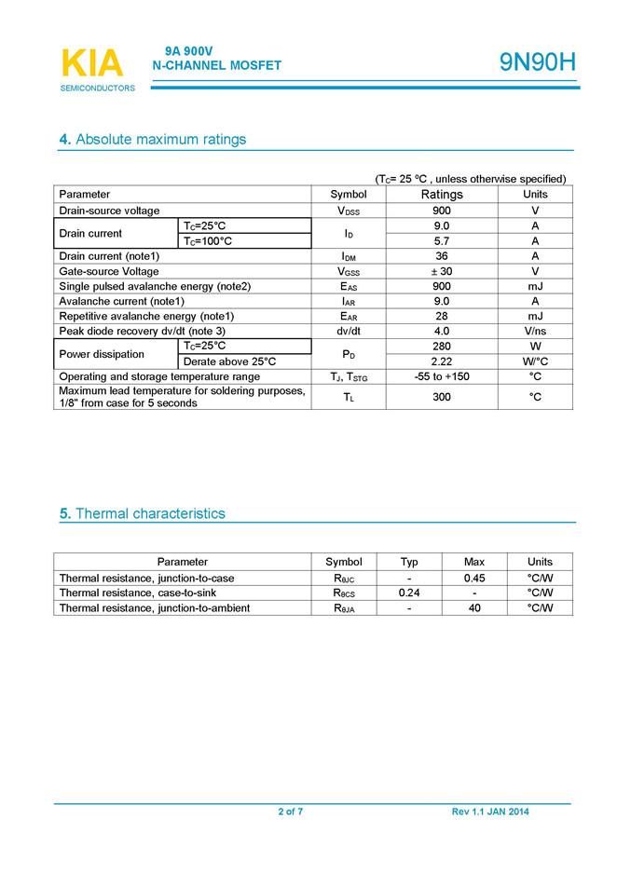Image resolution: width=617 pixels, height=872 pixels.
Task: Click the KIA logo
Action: pyautogui.click(x=93, y=64)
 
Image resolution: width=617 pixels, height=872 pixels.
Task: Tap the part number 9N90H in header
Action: pyautogui.click(x=537, y=62)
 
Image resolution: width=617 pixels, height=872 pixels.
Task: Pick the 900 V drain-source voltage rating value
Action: pyautogui.click(x=442, y=211)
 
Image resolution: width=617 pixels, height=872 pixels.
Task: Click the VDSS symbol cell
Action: pyautogui.click(x=349, y=211)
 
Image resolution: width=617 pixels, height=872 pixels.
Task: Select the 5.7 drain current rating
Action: pyautogui.click(x=442, y=240)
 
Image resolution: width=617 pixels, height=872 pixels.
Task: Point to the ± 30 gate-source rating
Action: pyautogui.click(x=442, y=271)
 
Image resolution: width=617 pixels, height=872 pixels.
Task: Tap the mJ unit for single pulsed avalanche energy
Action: pyautogui.click(x=535, y=286)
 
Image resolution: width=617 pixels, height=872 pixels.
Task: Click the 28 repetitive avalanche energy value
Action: pyautogui.click(x=442, y=316)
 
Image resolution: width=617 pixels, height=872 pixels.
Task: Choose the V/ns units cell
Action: pyautogui.click(x=535, y=331)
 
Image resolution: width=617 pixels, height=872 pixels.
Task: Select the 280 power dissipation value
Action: pyautogui.click(x=442, y=346)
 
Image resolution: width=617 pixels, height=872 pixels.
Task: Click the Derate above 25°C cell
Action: pyautogui.click(x=229, y=361)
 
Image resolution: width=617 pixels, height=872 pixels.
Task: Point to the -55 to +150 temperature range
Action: pyautogui.click(x=442, y=376)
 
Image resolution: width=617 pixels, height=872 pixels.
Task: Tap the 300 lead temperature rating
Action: pyautogui.click(x=442, y=397)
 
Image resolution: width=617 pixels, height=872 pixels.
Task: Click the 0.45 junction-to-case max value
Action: pyautogui.click(x=473, y=578)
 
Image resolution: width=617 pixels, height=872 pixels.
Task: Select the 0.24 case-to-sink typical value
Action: pyautogui.click(x=409, y=593)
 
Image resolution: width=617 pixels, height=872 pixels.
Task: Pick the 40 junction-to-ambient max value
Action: pyautogui.click(x=473, y=607)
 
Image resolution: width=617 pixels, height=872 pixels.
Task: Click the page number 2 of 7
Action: pyautogui.click(x=290, y=812)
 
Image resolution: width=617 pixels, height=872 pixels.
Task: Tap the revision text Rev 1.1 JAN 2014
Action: pyautogui.click(x=490, y=812)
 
